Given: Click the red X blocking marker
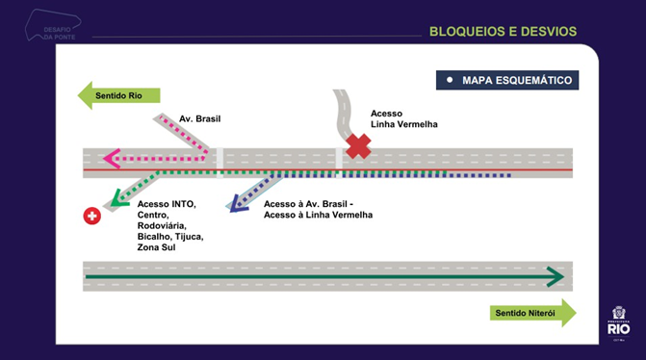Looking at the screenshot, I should click(359, 146).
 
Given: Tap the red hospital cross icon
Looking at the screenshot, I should click(92, 217).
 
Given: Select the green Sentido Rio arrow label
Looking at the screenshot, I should click(118, 95).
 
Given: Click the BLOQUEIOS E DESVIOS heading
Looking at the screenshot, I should click(503, 32).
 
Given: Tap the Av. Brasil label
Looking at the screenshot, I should click(200, 118).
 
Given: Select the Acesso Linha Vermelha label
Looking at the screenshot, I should click(403, 119).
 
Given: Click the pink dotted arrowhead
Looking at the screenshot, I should click(112, 158).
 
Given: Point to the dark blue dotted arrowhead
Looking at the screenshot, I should click(231, 203).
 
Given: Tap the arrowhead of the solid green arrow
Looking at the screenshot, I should click(556, 277).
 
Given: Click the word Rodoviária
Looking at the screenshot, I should click(167, 225).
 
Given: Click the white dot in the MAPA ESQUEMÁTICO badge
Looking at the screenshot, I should click(450, 80).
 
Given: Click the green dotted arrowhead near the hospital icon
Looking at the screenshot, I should click(119, 199).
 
